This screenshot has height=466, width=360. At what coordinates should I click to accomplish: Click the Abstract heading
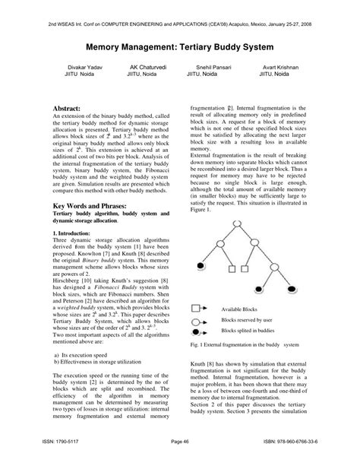[x=68, y=111]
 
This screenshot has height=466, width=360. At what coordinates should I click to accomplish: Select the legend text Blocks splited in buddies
[x=248, y=331]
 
